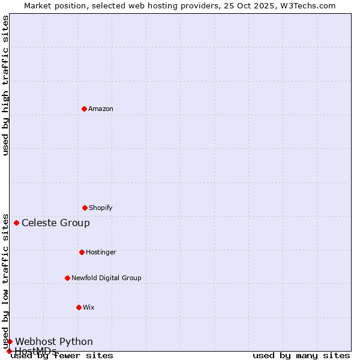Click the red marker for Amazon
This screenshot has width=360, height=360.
click(84, 109)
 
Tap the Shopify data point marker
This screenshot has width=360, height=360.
click(85, 208)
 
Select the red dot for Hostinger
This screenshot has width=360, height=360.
click(82, 252)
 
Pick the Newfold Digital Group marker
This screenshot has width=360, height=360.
click(67, 278)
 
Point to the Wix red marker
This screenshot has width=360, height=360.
click(79, 307)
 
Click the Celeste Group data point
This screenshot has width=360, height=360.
click(16, 223)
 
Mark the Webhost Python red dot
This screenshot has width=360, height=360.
click(10, 341)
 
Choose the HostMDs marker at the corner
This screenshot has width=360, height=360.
click(9, 351)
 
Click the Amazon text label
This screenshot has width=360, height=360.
click(101, 109)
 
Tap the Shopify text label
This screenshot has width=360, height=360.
click(101, 208)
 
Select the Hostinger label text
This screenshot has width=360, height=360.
click(101, 252)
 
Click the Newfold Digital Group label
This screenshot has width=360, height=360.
click(106, 278)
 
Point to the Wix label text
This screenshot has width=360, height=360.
click(89, 307)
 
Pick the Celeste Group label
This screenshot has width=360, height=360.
click(56, 223)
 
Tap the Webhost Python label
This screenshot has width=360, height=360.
click(54, 341)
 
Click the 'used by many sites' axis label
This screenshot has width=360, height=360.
click(301, 356)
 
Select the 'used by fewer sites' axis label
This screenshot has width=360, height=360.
click(62, 356)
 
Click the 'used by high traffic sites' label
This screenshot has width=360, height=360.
click(6, 85)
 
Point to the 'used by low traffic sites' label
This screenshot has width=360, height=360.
click(6, 281)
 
